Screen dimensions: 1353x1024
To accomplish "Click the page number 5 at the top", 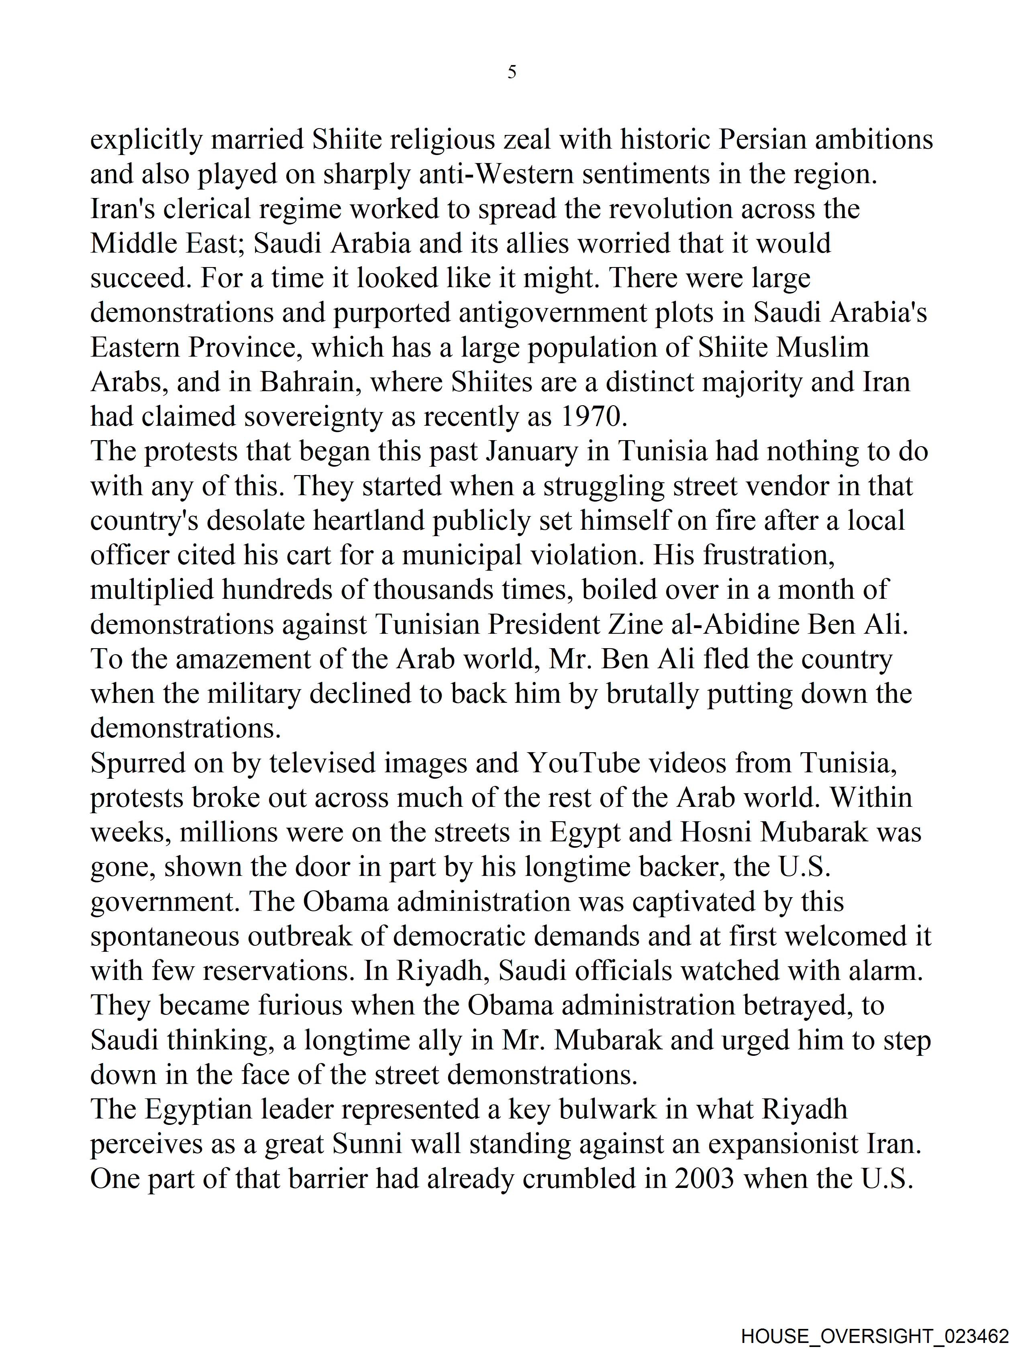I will (x=511, y=72).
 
